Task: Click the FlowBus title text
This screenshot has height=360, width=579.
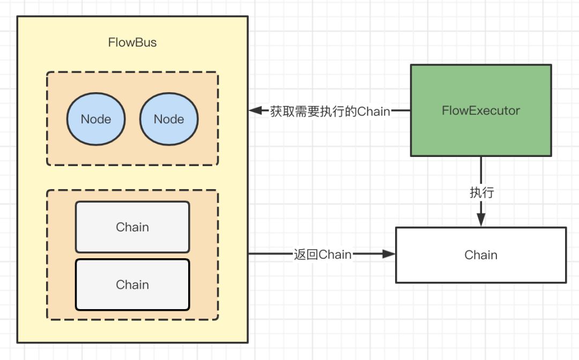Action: point(132,43)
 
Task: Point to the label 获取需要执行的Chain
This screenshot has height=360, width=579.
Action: point(330,111)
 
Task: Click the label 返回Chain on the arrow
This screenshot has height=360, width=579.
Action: point(323,254)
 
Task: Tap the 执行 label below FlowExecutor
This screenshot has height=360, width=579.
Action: point(481,193)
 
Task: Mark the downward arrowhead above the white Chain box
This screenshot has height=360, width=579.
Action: point(481,220)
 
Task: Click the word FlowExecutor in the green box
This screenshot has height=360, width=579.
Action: point(481,111)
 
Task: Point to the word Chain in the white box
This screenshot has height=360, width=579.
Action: point(481,255)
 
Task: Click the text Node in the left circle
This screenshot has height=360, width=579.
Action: point(96,119)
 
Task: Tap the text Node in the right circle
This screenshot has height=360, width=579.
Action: point(169,119)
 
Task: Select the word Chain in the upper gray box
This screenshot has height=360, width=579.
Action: point(132,227)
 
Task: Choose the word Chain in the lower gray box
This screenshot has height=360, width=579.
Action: point(132,285)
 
